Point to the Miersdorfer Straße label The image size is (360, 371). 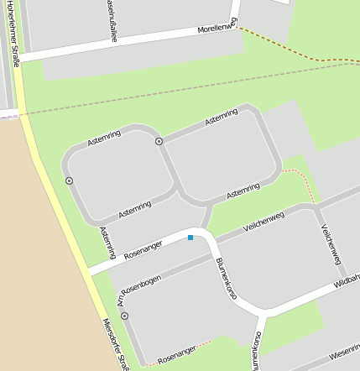[x=114, y=344]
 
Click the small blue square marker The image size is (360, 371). [x=190, y=238]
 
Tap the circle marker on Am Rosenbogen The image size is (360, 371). [x=124, y=316]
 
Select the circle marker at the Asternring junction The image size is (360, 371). [x=159, y=141]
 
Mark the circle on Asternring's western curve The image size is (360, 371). [x=69, y=180]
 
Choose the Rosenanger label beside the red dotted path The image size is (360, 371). [x=176, y=353]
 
